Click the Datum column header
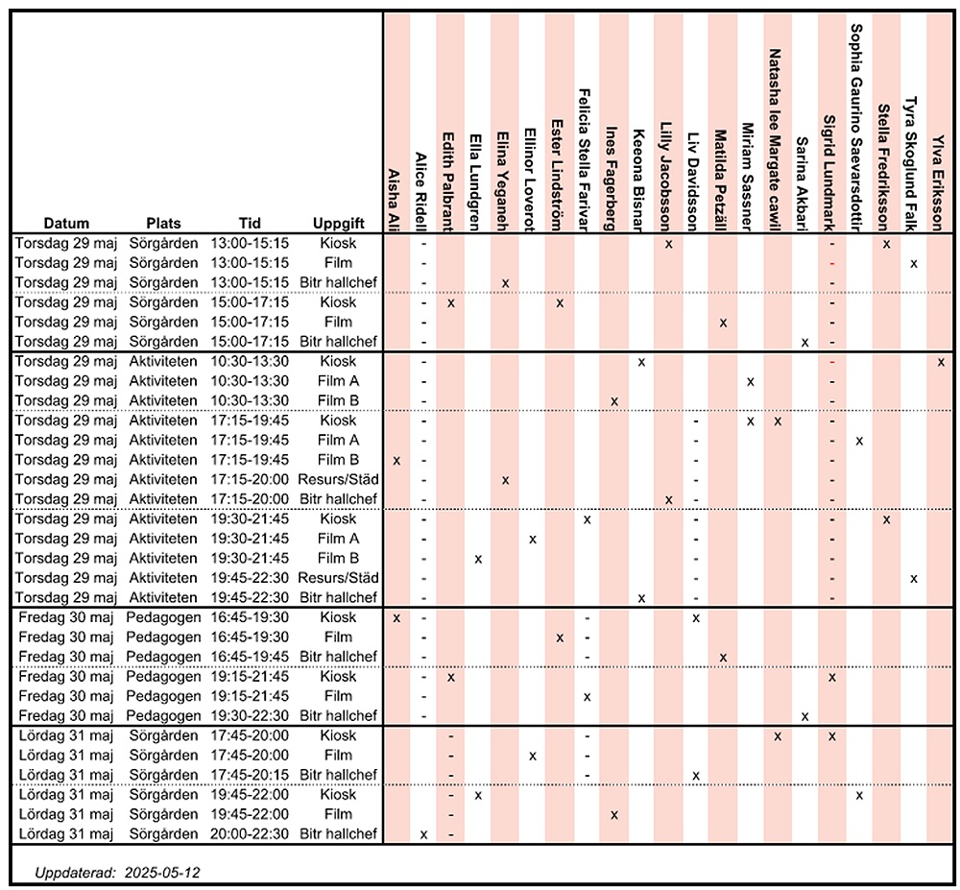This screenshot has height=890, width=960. click(66, 224)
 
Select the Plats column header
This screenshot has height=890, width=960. click(163, 224)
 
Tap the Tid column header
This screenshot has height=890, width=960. click(250, 224)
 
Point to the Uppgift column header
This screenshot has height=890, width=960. click(339, 224)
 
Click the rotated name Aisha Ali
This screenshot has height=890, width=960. click(395, 200)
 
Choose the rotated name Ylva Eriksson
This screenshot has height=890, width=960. click(937, 182)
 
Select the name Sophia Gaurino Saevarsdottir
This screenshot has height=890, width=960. click(856, 128)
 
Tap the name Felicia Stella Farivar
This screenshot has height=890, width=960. click(584, 160)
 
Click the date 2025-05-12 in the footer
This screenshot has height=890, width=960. click(162, 873)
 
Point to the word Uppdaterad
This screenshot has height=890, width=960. click(75, 873)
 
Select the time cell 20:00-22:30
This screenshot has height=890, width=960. click(250, 833)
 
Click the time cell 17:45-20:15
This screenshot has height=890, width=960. click(250, 775)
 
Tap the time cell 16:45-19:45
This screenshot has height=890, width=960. click(250, 656)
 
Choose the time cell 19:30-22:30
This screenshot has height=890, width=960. click(250, 715)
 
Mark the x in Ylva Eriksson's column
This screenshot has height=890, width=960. click(941, 362)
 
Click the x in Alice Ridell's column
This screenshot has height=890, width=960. click(423, 834)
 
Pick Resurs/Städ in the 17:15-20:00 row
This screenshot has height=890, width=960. click(339, 479)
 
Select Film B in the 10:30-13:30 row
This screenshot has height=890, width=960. click(339, 400)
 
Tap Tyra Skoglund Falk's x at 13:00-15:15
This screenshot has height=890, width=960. click(914, 264)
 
